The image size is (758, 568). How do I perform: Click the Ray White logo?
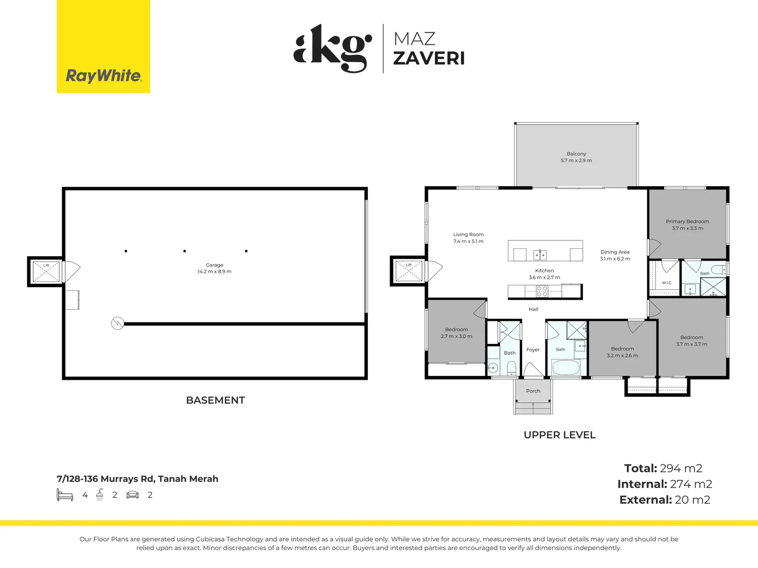coord(103,46)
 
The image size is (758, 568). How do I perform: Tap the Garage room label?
coord(214,268)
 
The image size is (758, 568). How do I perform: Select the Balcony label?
coord(576,157)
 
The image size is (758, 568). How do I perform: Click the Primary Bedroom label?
coord(687,225)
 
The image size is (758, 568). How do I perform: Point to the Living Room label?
coord(468,238)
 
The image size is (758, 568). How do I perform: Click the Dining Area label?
coord(615,255)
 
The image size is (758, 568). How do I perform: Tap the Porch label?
coord(533,391)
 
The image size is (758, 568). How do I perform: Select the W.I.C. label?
coord(667,283)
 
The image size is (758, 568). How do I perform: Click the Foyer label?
coord(533,350)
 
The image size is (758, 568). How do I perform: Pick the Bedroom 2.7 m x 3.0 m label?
coord(456,333)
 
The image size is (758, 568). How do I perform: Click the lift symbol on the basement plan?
coord(46,271)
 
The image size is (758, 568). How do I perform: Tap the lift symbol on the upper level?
coord(408,271)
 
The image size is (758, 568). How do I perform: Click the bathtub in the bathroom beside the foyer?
coord(566,368)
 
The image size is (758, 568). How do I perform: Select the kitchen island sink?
coord(540,255)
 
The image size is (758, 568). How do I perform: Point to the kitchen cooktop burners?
coord(542,291)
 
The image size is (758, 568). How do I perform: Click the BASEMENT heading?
coord(215,400)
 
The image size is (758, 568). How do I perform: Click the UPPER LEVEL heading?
coord(560,435)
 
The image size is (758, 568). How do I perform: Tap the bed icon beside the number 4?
coord(65,495)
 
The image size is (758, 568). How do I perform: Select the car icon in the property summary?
coord(133,495)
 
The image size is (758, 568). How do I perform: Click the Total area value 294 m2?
coord(681,468)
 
